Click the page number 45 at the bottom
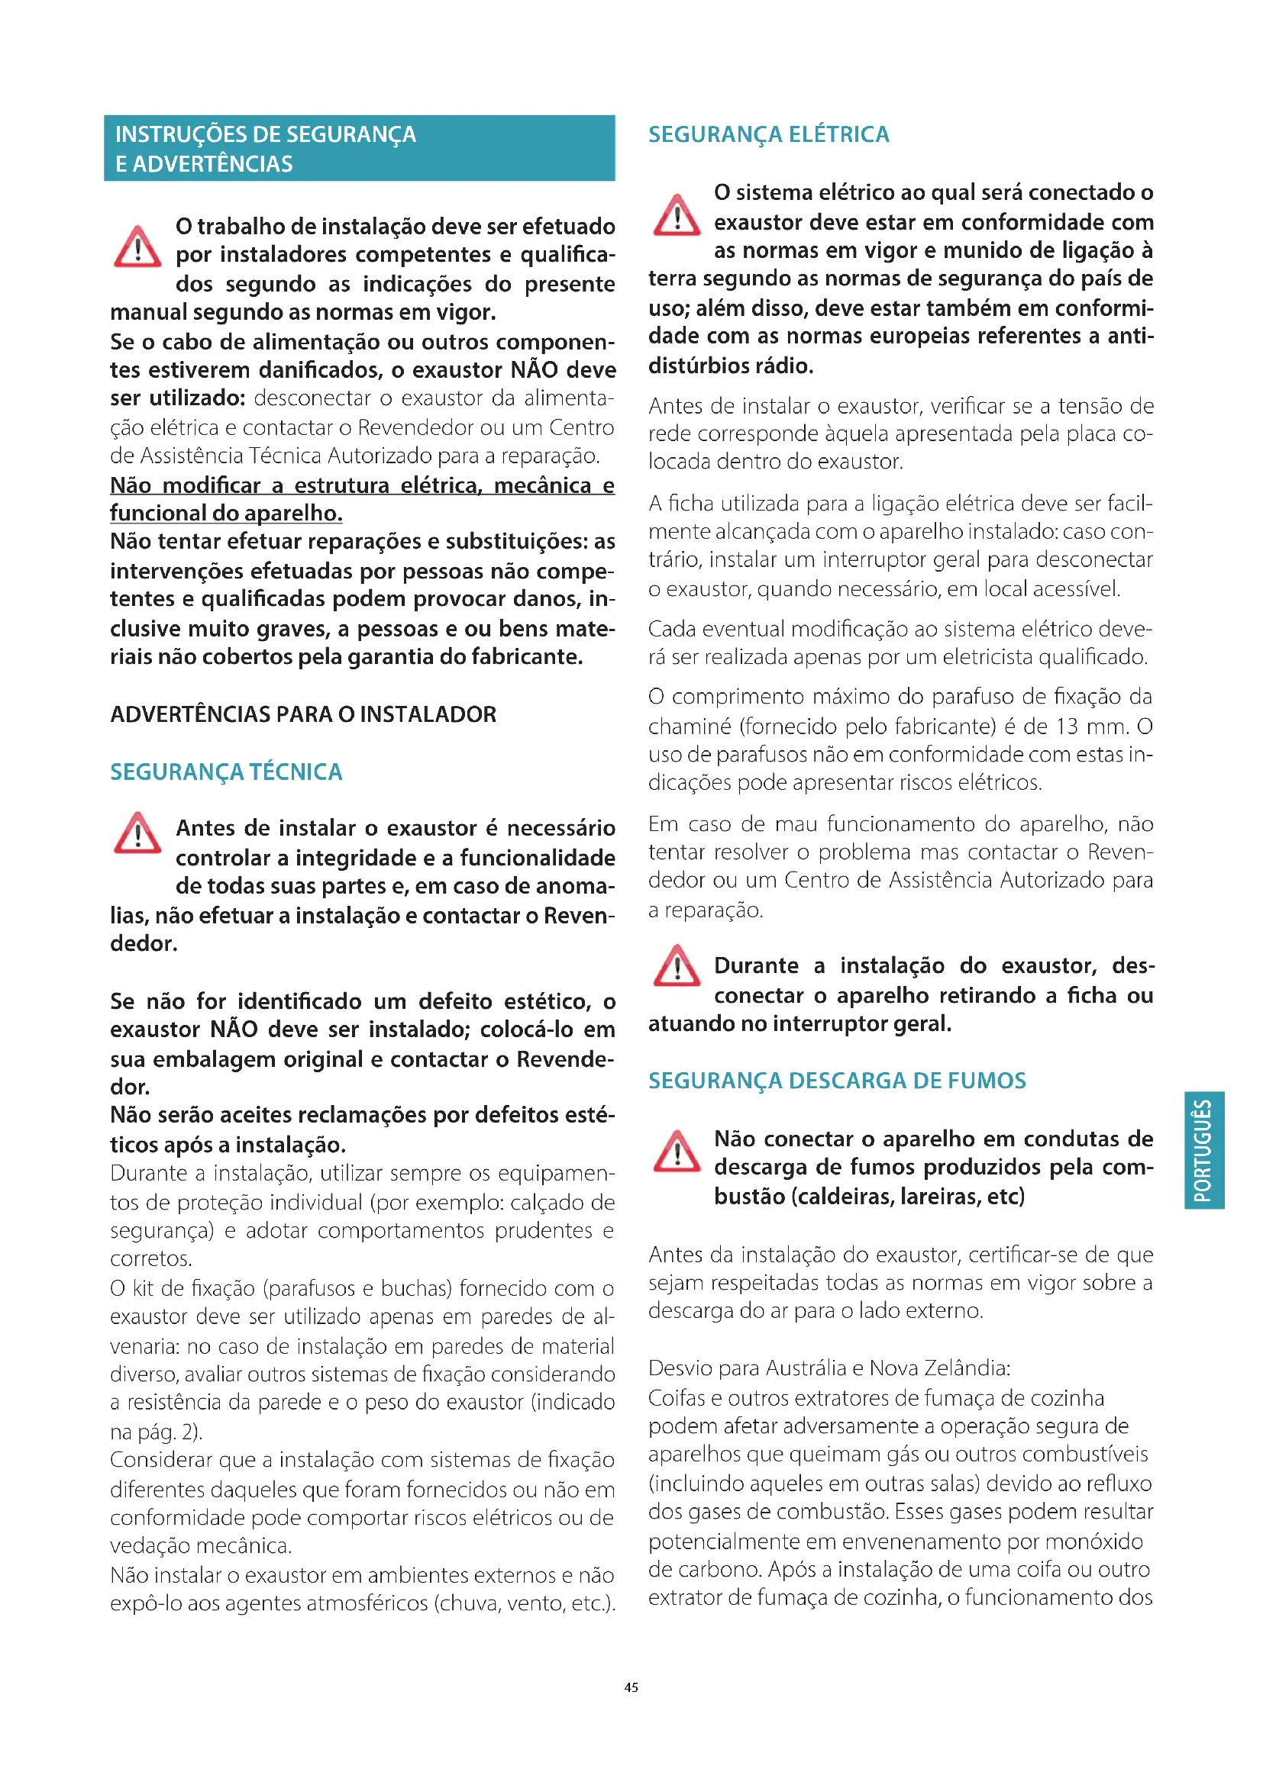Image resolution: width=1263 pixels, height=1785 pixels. [x=631, y=1687]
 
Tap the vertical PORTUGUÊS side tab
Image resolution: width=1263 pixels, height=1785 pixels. [x=1204, y=1150]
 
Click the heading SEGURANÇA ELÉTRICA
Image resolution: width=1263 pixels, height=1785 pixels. [x=768, y=134]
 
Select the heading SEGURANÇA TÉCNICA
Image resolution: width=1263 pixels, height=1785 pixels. [x=225, y=772]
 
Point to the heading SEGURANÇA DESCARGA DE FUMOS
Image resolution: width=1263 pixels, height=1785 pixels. [x=837, y=1080]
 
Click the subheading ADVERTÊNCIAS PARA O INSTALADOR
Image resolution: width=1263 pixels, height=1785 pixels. [x=302, y=714]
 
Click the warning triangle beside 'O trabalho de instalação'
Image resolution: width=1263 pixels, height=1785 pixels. [x=137, y=247]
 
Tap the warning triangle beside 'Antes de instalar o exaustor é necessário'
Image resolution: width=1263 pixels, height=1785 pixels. [x=137, y=833]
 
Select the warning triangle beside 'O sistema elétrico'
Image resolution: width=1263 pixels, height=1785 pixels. [x=676, y=215]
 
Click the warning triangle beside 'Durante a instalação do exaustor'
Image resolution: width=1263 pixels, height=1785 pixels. [x=676, y=965]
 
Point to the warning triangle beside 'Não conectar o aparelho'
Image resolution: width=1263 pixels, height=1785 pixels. [x=676, y=1152]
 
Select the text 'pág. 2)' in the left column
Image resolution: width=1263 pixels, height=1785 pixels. [x=170, y=1431]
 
